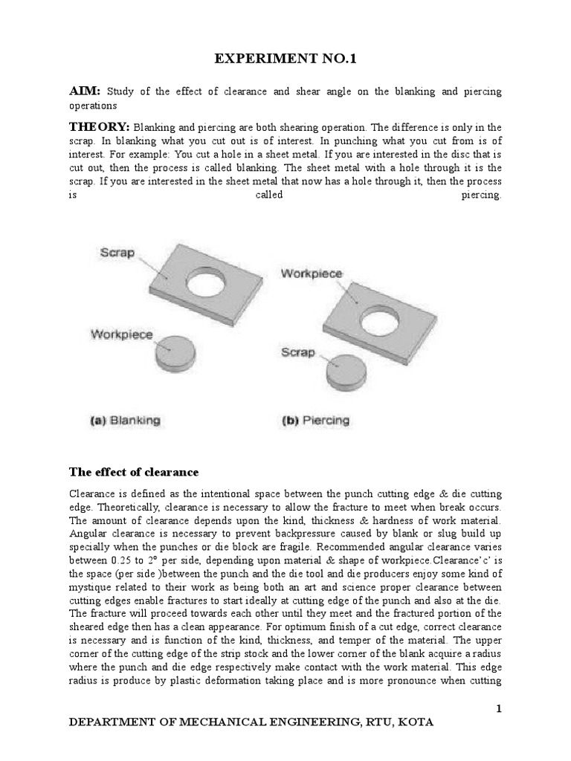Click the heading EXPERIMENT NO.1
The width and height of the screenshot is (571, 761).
pyautogui.click(x=285, y=59)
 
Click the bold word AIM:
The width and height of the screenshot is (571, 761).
pyautogui.click(x=85, y=91)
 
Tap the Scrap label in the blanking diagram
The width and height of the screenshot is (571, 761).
pyautogui.click(x=117, y=253)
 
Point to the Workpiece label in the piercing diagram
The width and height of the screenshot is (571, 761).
pyautogui.click(x=312, y=273)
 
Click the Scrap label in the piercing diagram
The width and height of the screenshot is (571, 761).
pyautogui.click(x=297, y=352)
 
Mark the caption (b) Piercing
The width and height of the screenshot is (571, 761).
pyautogui.click(x=315, y=421)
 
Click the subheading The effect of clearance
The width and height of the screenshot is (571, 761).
pyautogui.click(x=133, y=471)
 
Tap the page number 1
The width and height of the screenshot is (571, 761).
pyautogui.click(x=500, y=710)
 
